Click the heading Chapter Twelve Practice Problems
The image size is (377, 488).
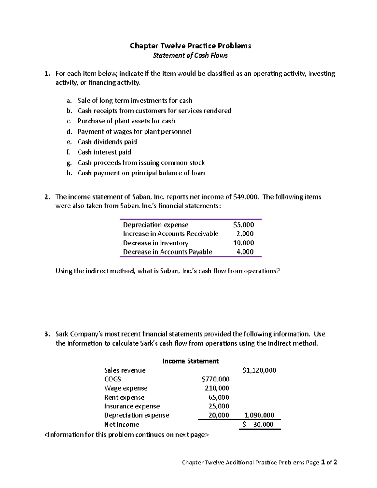[190, 46]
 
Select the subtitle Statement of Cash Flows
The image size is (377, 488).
[190, 56]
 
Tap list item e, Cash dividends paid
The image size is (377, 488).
[107, 142]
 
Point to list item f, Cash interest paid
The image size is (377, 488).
[104, 152]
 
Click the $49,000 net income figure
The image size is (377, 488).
[246, 197]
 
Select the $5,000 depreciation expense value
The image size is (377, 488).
[243, 225]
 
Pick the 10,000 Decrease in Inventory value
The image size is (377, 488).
[243, 243]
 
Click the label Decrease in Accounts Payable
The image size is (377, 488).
[167, 252]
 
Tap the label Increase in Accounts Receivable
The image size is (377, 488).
[171, 234]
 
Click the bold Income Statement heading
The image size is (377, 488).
[190, 361]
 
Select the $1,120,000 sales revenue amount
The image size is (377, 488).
[259, 370]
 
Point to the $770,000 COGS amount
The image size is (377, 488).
[216, 379]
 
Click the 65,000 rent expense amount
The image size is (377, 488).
[219, 397]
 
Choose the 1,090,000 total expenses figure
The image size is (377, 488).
[259, 415]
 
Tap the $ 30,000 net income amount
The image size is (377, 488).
[259, 425]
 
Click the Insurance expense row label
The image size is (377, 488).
[132, 406]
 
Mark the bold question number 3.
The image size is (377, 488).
[47, 334]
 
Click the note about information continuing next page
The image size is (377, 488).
[126, 435]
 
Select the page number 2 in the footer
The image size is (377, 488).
[335, 462]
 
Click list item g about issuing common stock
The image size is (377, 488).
[141, 163]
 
